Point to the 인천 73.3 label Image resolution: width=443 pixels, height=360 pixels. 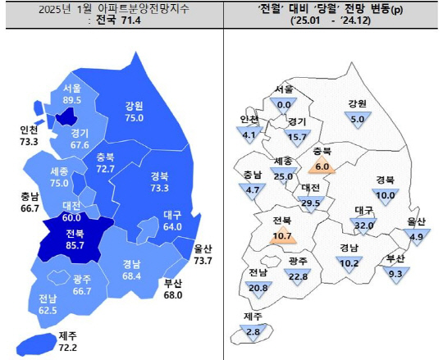(x=27, y=135)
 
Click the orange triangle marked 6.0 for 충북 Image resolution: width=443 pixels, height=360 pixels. (x=321, y=166)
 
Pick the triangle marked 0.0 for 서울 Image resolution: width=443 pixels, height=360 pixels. (x=285, y=104)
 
